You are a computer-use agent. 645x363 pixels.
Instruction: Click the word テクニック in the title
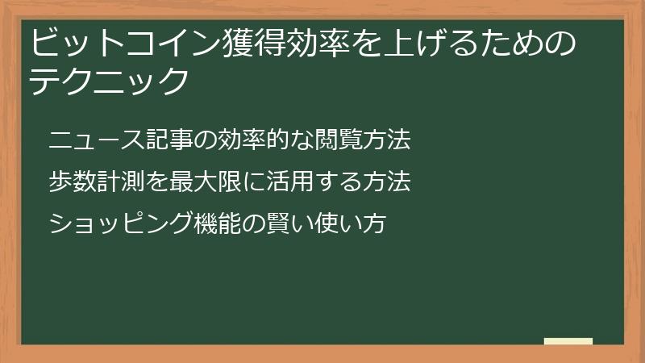point(110,80)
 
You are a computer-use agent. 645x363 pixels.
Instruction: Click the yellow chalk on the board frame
point(568,342)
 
